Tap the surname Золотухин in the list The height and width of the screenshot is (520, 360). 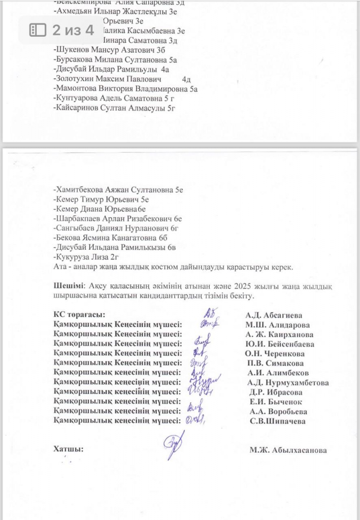[75, 79]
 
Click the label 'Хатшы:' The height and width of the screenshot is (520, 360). [69, 449]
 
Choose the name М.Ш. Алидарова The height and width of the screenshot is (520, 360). [277, 325]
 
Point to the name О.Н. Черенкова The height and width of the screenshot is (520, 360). [274, 354]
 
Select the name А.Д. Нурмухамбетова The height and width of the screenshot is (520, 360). [287, 383]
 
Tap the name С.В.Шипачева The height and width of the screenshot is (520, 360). [277, 421]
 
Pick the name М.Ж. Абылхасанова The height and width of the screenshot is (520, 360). [287, 450]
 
